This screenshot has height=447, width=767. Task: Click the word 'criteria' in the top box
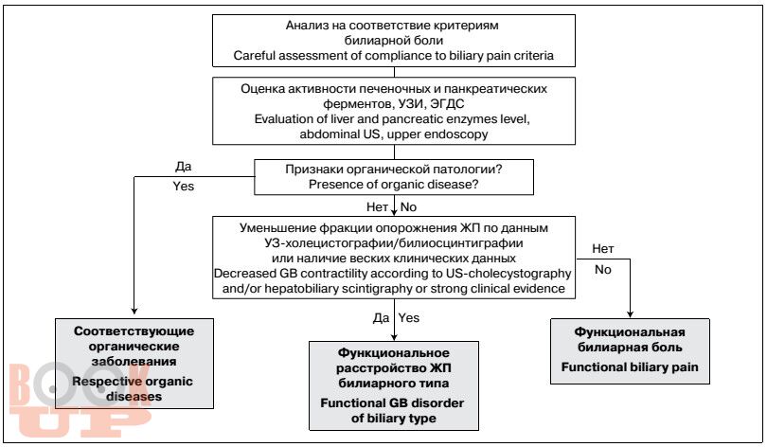(x=533, y=56)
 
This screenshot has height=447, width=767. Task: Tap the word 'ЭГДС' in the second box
(x=448, y=103)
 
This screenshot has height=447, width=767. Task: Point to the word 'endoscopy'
(x=460, y=134)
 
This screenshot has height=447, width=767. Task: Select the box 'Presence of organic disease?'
(x=394, y=177)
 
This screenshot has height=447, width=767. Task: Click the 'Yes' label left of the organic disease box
(x=184, y=187)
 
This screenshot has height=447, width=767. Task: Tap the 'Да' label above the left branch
(x=184, y=167)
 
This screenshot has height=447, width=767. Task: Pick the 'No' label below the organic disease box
(x=408, y=207)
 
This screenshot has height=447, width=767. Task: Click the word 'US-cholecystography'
(x=514, y=274)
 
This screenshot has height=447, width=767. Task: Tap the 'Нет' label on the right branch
(x=603, y=249)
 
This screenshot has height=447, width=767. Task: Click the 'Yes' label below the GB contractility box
(x=409, y=318)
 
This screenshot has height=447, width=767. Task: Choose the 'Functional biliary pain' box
(x=630, y=351)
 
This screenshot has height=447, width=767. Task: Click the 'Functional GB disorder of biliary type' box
(x=394, y=385)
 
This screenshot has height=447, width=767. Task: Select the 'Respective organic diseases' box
(x=134, y=364)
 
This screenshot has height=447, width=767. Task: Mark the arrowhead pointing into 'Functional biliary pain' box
(x=630, y=314)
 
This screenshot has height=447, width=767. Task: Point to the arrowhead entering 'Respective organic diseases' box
(x=134, y=311)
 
